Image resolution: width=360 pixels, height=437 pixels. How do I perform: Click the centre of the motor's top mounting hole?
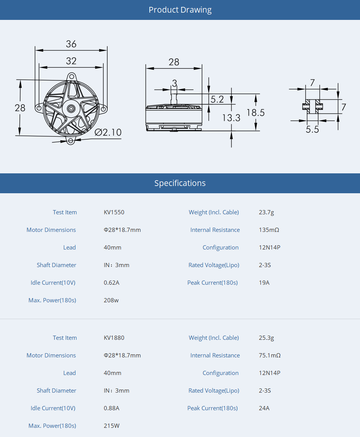point(72,77)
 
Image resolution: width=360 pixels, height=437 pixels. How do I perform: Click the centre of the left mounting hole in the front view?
point(39,108)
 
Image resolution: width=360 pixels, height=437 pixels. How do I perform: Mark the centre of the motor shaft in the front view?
point(71,108)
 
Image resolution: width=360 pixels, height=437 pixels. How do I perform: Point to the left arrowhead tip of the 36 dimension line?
point(35,51)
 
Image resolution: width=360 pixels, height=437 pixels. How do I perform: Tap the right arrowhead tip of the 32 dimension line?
point(103,67)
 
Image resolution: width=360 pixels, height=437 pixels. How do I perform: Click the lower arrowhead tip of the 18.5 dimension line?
point(256,130)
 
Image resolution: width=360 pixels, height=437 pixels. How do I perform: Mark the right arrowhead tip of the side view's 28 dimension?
point(201,68)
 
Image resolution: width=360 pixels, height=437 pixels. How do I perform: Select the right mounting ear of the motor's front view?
point(103,109)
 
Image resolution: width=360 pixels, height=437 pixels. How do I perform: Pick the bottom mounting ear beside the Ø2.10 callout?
point(70,140)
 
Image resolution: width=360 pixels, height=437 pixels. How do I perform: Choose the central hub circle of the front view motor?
point(71,108)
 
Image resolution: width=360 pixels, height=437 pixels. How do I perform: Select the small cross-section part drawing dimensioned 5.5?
point(313,106)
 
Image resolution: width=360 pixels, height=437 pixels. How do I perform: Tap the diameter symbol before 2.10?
point(98,132)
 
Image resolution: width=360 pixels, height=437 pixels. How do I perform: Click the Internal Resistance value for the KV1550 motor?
point(269,230)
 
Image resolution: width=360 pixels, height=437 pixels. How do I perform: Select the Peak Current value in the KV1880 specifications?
point(264,408)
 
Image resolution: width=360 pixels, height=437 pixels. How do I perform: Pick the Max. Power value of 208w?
point(111,300)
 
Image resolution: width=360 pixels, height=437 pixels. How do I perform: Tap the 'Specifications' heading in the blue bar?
point(180,183)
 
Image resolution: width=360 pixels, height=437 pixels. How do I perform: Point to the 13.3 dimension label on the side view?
point(231,118)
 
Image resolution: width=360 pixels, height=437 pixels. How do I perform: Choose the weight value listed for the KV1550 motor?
point(266,212)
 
